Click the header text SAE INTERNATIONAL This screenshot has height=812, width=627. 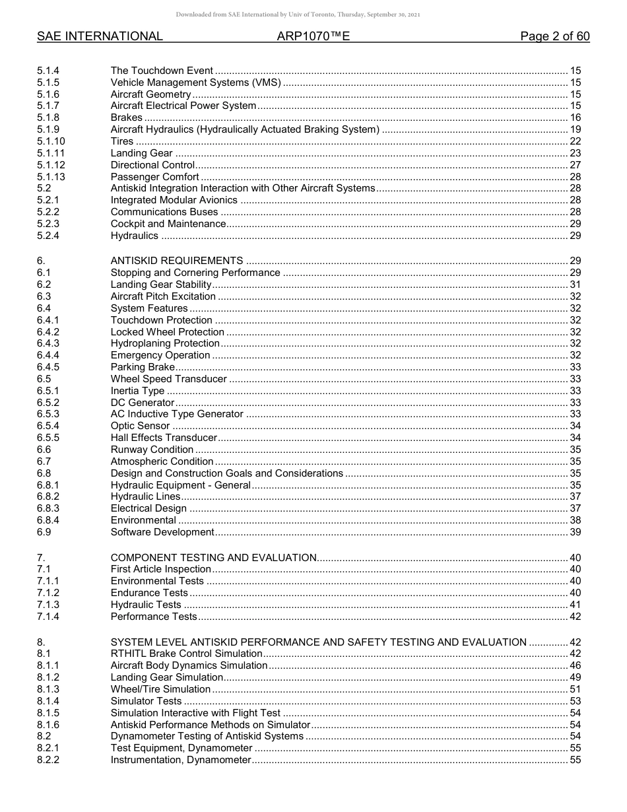(x=100, y=37)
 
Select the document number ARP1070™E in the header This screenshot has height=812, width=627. (x=313, y=37)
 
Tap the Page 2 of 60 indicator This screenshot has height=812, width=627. (x=554, y=37)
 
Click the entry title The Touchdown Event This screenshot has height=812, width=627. (x=162, y=71)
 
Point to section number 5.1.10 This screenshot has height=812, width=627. (x=51, y=141)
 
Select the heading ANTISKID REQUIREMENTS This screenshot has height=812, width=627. (x=177, y=261)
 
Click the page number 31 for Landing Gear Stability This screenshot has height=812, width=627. (x=575, y=285)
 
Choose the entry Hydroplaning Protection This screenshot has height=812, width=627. (x=165, y=343)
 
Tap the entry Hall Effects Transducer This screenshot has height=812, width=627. (x=164, y=438)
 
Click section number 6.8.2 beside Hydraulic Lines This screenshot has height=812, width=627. (x=48, y=496)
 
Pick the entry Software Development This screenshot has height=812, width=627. (x=162, y=532)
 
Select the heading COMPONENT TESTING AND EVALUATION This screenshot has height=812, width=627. (x=214, y=558)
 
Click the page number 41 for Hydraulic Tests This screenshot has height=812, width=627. (x=575, y=605)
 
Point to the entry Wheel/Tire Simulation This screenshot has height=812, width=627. (x=160, y=689)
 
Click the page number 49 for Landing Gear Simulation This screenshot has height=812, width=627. (x=575, y=677)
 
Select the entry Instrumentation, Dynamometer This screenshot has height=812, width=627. (x=181, y=760)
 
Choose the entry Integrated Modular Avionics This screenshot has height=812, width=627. (x=174, y=200)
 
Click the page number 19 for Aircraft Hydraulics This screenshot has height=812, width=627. (x=575, y=129)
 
